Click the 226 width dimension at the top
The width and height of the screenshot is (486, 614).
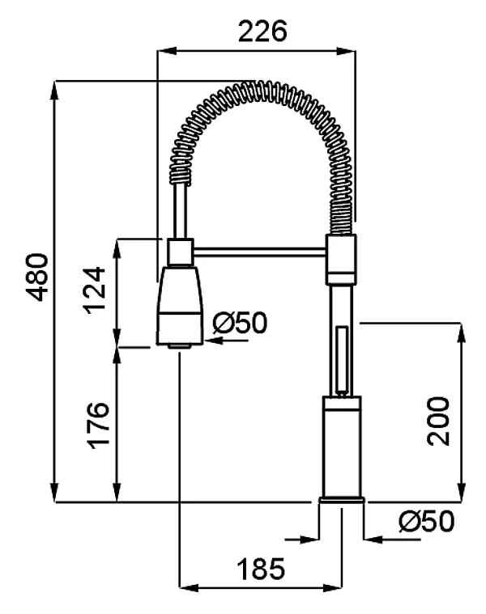(262, 32)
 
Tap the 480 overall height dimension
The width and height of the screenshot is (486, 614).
(37, 277)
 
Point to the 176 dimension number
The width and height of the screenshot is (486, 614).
(97, 426)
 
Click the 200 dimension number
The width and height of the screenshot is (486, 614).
(438, 421)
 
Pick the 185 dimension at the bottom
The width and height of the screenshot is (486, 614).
(261, 569)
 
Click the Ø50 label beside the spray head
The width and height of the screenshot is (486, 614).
(240, 323)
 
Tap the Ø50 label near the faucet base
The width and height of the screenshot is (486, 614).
(427, 522)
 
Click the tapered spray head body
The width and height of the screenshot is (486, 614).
(180, 306)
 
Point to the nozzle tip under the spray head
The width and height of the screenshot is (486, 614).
(180, 346)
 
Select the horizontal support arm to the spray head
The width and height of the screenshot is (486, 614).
(259, 252)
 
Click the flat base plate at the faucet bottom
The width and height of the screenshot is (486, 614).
(342, 500)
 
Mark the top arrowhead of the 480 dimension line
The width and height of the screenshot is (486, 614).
(54, 90)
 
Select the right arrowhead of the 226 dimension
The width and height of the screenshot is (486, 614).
(347, 50)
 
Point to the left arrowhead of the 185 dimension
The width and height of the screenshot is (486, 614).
(188, 587)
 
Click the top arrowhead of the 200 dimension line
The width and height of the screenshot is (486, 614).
(462, 332)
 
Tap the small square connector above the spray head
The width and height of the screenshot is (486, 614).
(181, 252)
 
